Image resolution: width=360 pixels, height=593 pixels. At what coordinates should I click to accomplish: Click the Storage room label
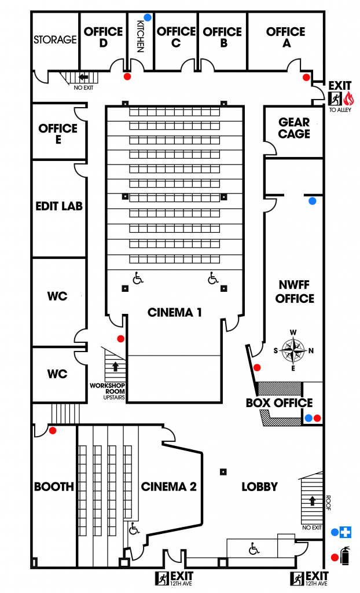click(x=55, y=39)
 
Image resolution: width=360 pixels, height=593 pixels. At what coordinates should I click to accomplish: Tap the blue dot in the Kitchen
click(x=148, y=17)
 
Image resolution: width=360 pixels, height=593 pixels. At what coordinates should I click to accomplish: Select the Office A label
click(x=286, y=37)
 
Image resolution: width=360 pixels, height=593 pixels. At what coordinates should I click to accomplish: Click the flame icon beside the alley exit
click(x=348, y=98)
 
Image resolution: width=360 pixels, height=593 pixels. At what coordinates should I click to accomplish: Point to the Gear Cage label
click(x=294, y=128)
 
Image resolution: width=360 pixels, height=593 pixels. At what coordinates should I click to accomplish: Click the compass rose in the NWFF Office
click(x=293, y=350)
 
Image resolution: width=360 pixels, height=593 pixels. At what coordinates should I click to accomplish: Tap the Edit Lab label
click(x=59, y=206)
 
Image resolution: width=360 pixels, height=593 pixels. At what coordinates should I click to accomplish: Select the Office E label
click(x=58, y=134)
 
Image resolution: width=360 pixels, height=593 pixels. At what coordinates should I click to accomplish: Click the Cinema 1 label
click(x=174, y=312)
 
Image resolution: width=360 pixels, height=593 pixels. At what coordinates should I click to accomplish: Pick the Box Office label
click(x=280, y=403)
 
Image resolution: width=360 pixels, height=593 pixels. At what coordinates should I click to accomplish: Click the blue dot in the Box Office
click(x=308, y=418)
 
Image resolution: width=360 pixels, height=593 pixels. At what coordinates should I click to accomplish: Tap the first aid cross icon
click(x=346, y=532)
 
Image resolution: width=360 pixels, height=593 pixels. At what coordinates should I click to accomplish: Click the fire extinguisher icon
click(x=345, y=555)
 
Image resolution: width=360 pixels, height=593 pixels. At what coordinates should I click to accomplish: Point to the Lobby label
click(x=260, y=486)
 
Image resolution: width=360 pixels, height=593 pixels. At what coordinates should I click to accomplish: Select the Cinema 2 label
click(x=168, y=486)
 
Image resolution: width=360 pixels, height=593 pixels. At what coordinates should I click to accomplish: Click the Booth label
click(x=54, y=486)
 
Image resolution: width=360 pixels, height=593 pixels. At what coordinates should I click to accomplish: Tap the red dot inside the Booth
click(x=53, y=430)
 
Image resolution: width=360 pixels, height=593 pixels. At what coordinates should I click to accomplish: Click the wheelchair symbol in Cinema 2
click(x=134, y=528)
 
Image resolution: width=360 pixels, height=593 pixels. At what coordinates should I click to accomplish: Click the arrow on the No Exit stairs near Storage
click(x=83, y=77)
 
